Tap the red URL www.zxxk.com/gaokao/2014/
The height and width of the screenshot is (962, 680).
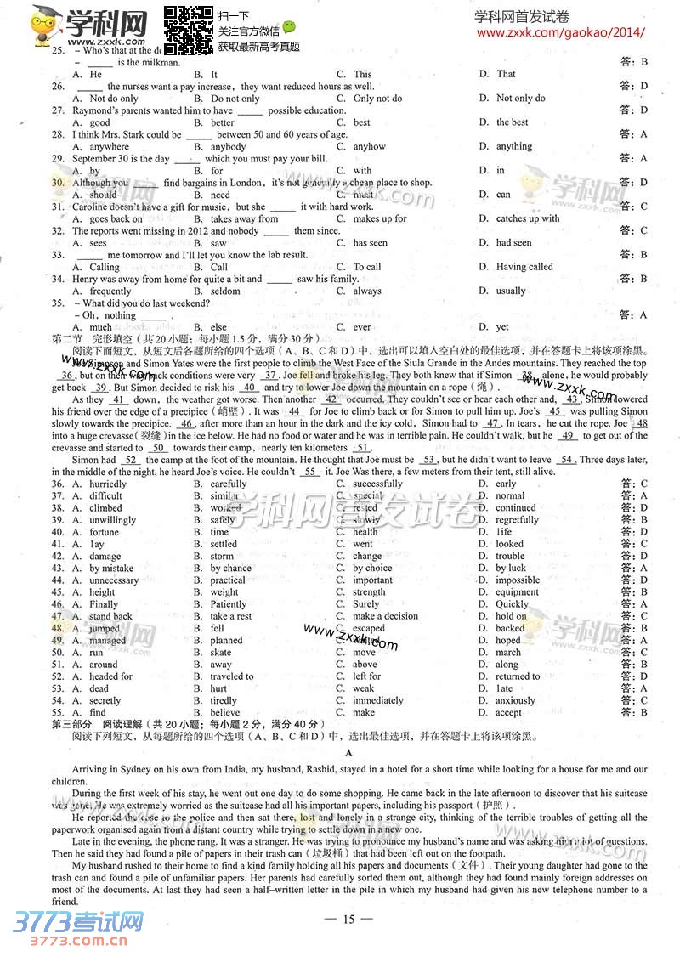point(561,33)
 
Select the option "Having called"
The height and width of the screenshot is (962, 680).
point(524,267)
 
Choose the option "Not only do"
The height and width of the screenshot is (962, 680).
point(520,99)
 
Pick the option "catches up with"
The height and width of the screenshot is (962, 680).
point(528,218)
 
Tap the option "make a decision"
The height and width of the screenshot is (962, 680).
point(385,616)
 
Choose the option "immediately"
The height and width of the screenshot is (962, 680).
point(378,701)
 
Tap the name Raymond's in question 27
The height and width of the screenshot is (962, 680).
point(94,110)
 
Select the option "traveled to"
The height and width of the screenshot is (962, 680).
point(231,676)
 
